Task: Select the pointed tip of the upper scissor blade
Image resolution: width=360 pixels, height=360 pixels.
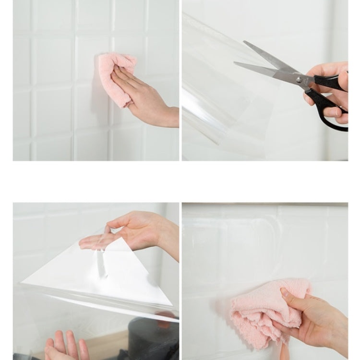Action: (245, 42)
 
